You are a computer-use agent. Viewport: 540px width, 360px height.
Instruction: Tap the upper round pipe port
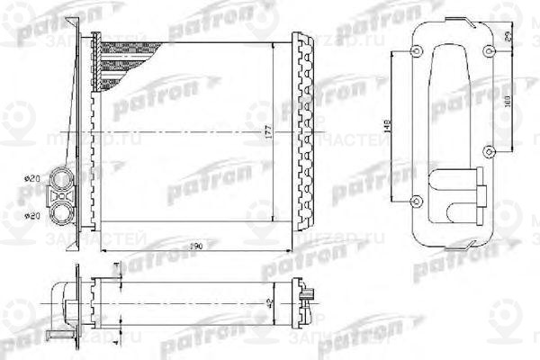tap(64, 176)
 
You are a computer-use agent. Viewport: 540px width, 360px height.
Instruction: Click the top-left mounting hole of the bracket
tap(415, 50)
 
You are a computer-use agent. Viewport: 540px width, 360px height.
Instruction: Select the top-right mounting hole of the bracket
tap(489, 50)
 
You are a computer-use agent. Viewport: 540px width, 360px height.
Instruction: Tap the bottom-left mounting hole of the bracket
tap(415, 199)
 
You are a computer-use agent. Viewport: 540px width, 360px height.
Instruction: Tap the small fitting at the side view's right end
tap(308, 292)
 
